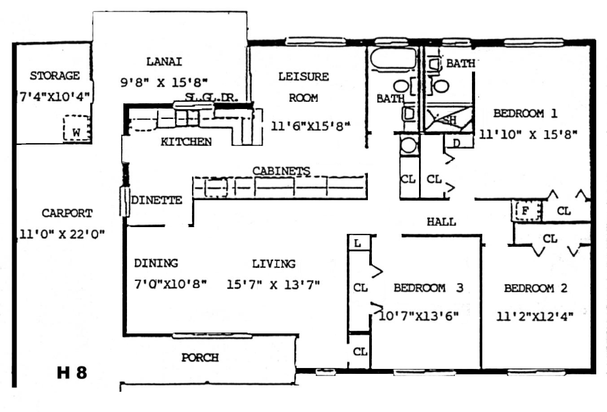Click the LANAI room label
tap(164, 62)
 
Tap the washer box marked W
tap(77, 128)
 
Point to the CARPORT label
tap(67, 213)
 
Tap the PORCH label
tap(200, 358)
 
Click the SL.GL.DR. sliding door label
tap(212, 97)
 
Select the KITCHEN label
tap(186, 141)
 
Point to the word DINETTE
tap(157, 200)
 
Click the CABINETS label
tap(281, 171)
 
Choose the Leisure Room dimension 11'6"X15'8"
tap(310, 126)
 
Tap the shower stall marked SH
tap(449, 119)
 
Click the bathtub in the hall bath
tap(393, 58)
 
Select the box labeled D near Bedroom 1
tap(459, 141)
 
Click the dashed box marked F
tap(527, 210)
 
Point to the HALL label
tap(441, 222)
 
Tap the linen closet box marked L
tap(359, 243)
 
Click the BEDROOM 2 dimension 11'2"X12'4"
tap(535, 316)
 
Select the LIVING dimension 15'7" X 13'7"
tap(273, 285)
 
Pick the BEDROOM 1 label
tap(525, 113)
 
